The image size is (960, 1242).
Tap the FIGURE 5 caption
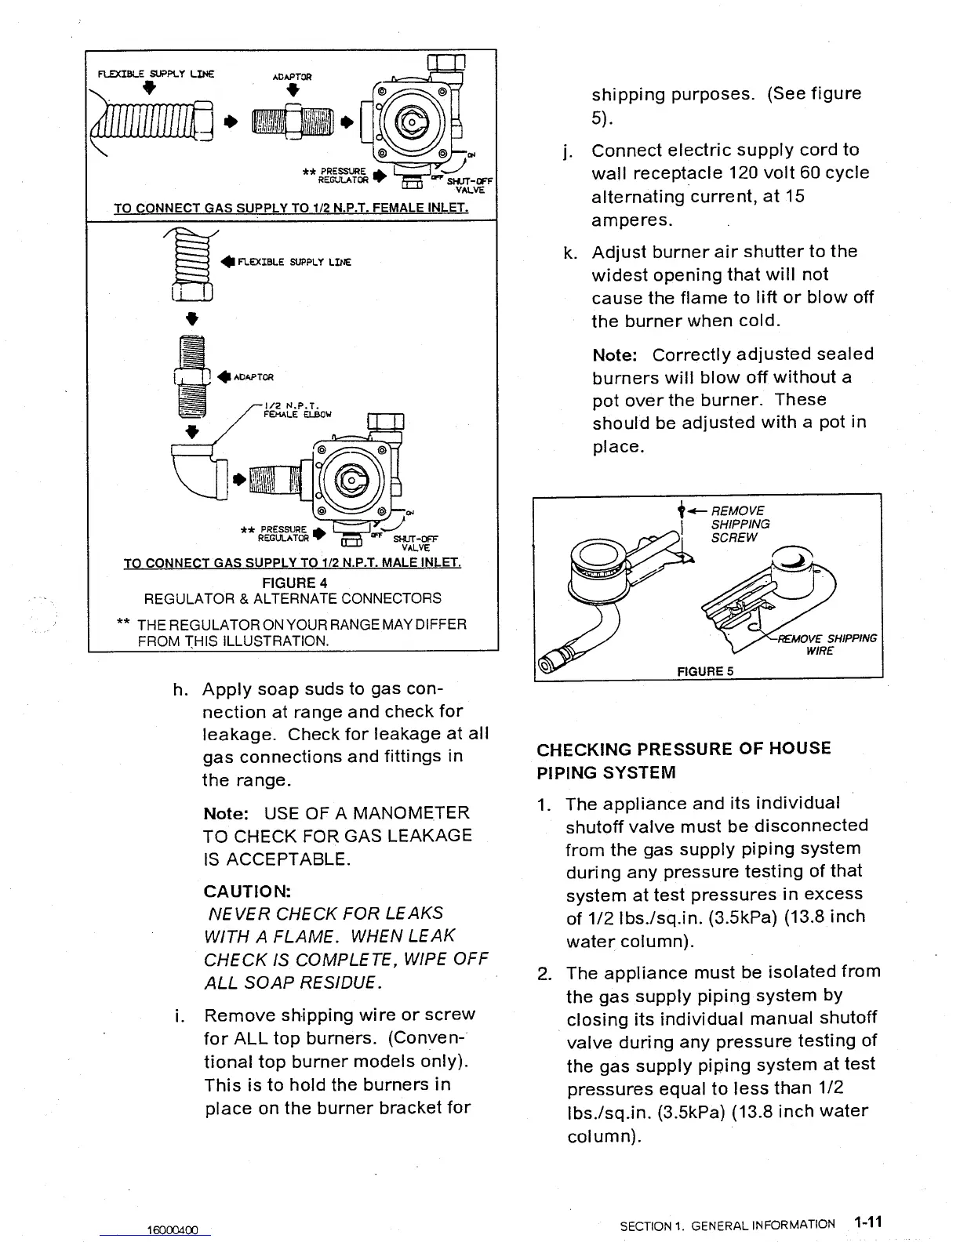pos(705,671)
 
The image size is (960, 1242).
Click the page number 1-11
pos(869,1222)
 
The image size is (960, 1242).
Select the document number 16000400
pos(173,1229)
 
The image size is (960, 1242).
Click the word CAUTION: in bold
pos(247,892)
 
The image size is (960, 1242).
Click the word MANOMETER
pos(411,813)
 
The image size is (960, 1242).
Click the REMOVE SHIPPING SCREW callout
pos(740,524)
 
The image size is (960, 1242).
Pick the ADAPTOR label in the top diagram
pos(292,77)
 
